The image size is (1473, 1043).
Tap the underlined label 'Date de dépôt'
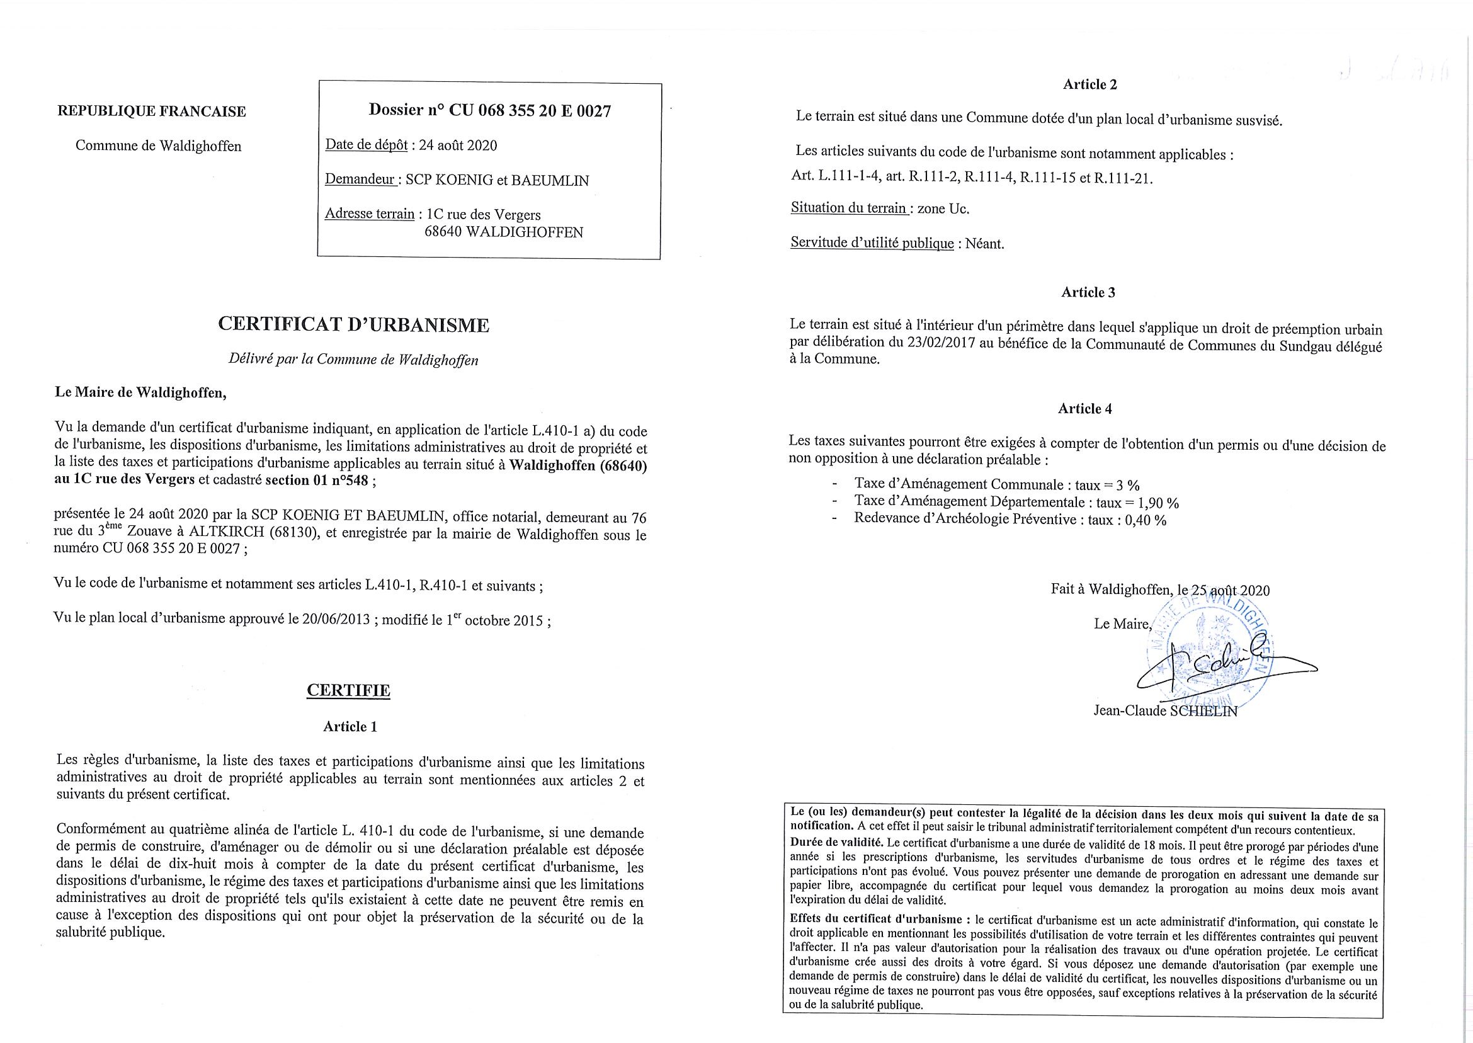pos(366,145)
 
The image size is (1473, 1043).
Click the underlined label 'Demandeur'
pos(360,180)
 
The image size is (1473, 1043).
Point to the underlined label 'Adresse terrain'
pos(369,214)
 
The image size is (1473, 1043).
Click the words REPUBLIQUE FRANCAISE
pos(152,111)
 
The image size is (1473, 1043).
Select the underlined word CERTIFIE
pos(348,690)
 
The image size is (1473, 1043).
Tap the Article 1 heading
pos(350,726)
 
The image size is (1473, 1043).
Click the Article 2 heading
pos(1084,84)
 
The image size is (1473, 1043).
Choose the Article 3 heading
pos(1088,292)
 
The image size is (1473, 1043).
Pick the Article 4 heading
pos(1084,409)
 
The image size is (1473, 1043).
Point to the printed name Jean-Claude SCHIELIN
pos(1165,711)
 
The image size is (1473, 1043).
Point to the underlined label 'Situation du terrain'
pos(849,208)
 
